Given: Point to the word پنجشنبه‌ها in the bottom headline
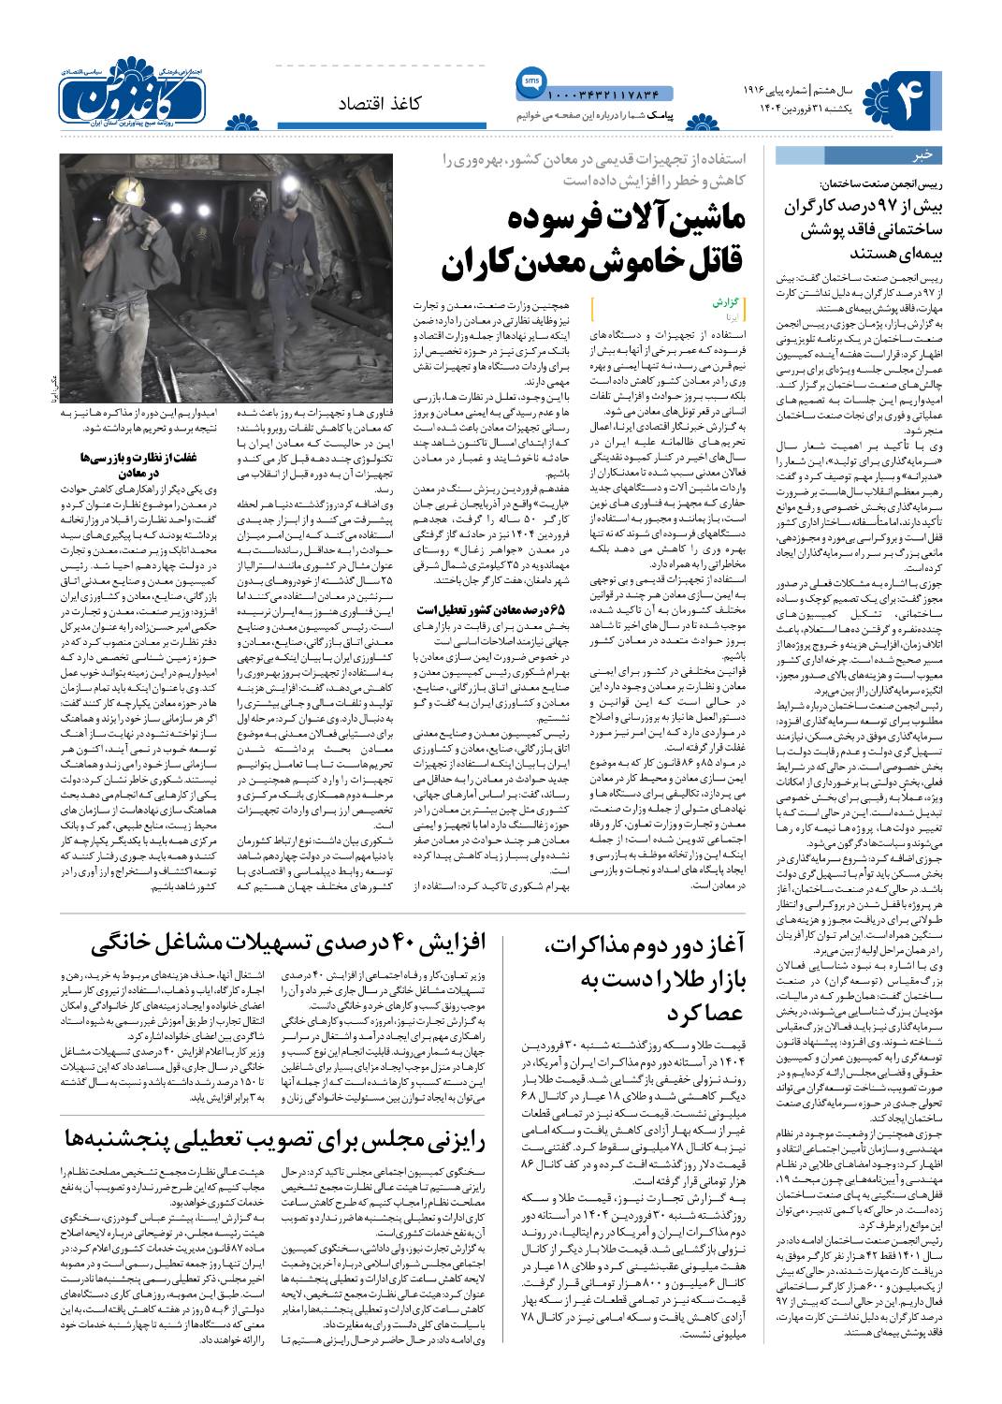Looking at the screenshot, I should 128,1138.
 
